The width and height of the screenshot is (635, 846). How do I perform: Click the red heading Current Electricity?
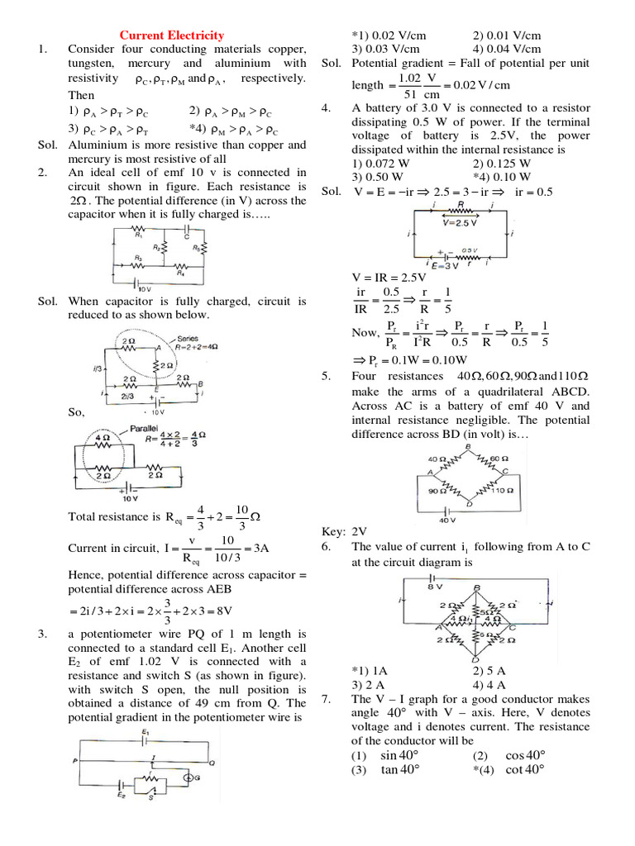click(172, 36)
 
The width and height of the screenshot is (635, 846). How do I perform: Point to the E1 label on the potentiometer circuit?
click(145, 732)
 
